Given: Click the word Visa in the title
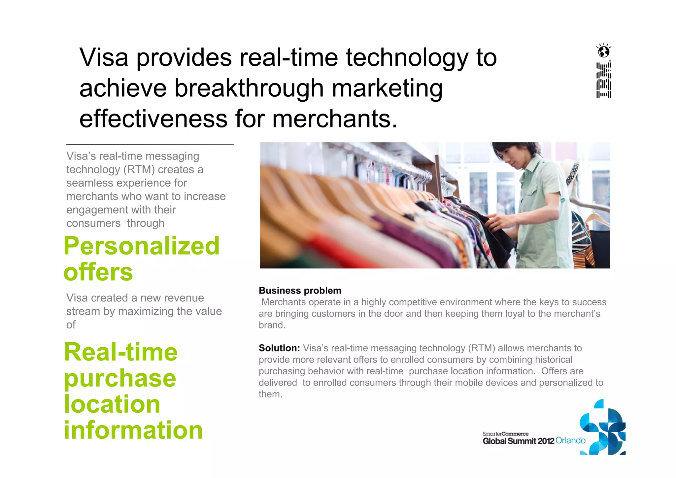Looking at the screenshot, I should tap(104, 58).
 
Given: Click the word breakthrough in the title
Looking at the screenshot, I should tap(249, 88).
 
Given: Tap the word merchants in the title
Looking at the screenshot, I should tap(335, 119).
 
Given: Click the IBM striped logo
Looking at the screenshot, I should tap(603, 80).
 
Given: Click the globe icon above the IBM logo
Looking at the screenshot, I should tap(604, 51).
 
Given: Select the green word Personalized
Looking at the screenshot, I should tap(141, 246).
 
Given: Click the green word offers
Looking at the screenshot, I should tap(98, 272).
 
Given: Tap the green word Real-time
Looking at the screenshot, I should tap(121, 352).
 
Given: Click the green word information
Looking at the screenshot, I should tap(133, 430).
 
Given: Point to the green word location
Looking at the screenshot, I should tap(112, 404).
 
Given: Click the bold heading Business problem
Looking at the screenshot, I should tap(300, 290).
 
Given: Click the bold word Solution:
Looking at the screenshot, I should tap(279, 348).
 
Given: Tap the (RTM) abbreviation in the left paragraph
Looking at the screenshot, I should tap(139, 170).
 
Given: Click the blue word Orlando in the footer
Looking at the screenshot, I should tap(570, 441).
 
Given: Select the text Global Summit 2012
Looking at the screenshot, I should tap(518, 441).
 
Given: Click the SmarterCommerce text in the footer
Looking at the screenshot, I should tap(505, 434).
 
